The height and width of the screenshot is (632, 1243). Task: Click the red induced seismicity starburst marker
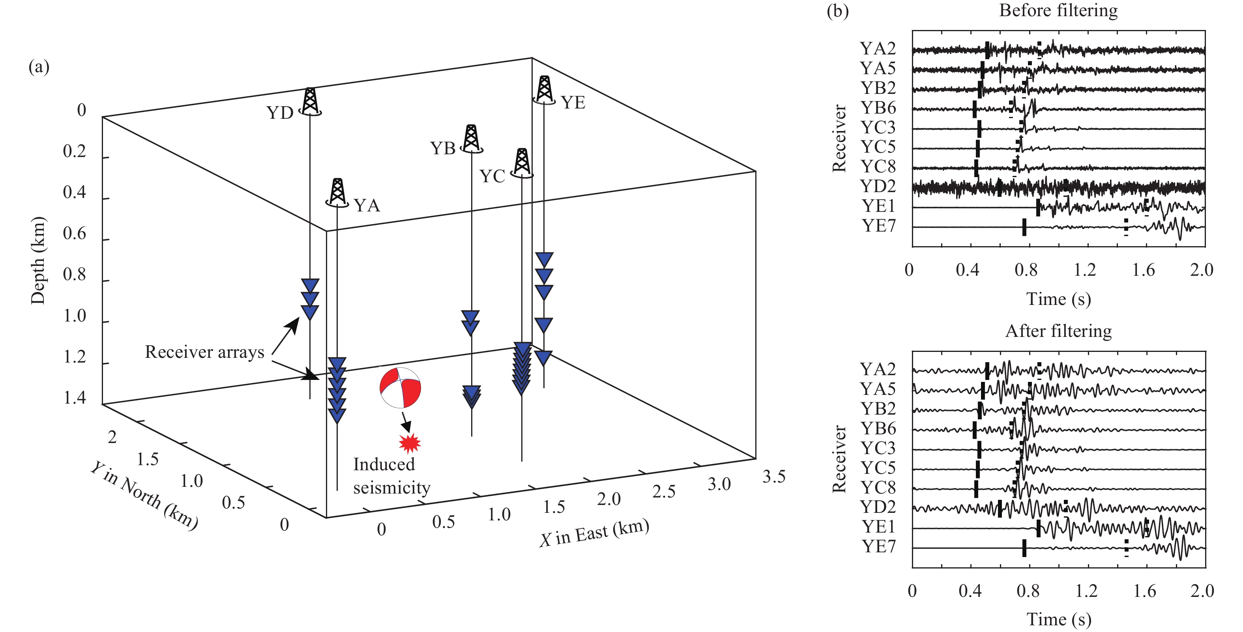[410, 443]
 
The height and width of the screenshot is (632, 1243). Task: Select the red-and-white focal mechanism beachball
[400, 388]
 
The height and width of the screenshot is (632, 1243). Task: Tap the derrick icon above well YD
[310, 101]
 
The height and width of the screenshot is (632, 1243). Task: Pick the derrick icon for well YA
[337, 192]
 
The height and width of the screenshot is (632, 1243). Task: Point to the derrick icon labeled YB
[472, 138]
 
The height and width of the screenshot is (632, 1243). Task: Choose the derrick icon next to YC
[522, 162]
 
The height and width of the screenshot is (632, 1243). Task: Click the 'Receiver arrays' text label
[204, 352]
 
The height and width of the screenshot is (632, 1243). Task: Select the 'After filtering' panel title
[1058, 331]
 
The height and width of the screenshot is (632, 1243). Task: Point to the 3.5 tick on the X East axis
[774, 477]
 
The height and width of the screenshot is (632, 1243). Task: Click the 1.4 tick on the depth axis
[75, 398]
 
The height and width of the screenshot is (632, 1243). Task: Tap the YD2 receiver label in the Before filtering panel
[878, 186]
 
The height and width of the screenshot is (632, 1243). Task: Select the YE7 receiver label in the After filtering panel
[879, 547]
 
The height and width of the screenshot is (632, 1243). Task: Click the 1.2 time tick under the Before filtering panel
[1085, 270]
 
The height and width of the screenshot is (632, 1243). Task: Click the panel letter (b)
[838, 11]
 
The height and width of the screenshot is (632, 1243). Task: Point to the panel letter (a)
[39, 67]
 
